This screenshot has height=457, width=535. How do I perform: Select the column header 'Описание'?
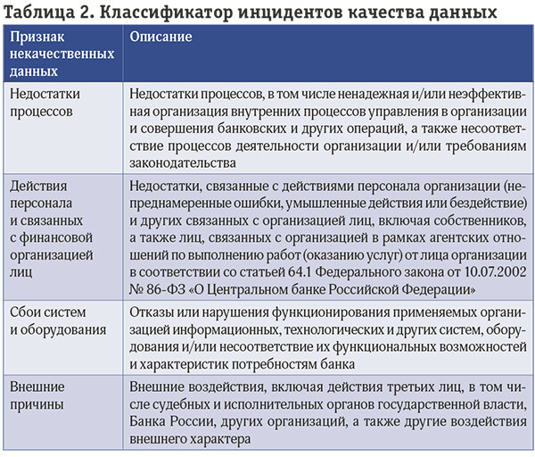161,38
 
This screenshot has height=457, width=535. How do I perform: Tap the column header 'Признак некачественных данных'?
62,54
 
